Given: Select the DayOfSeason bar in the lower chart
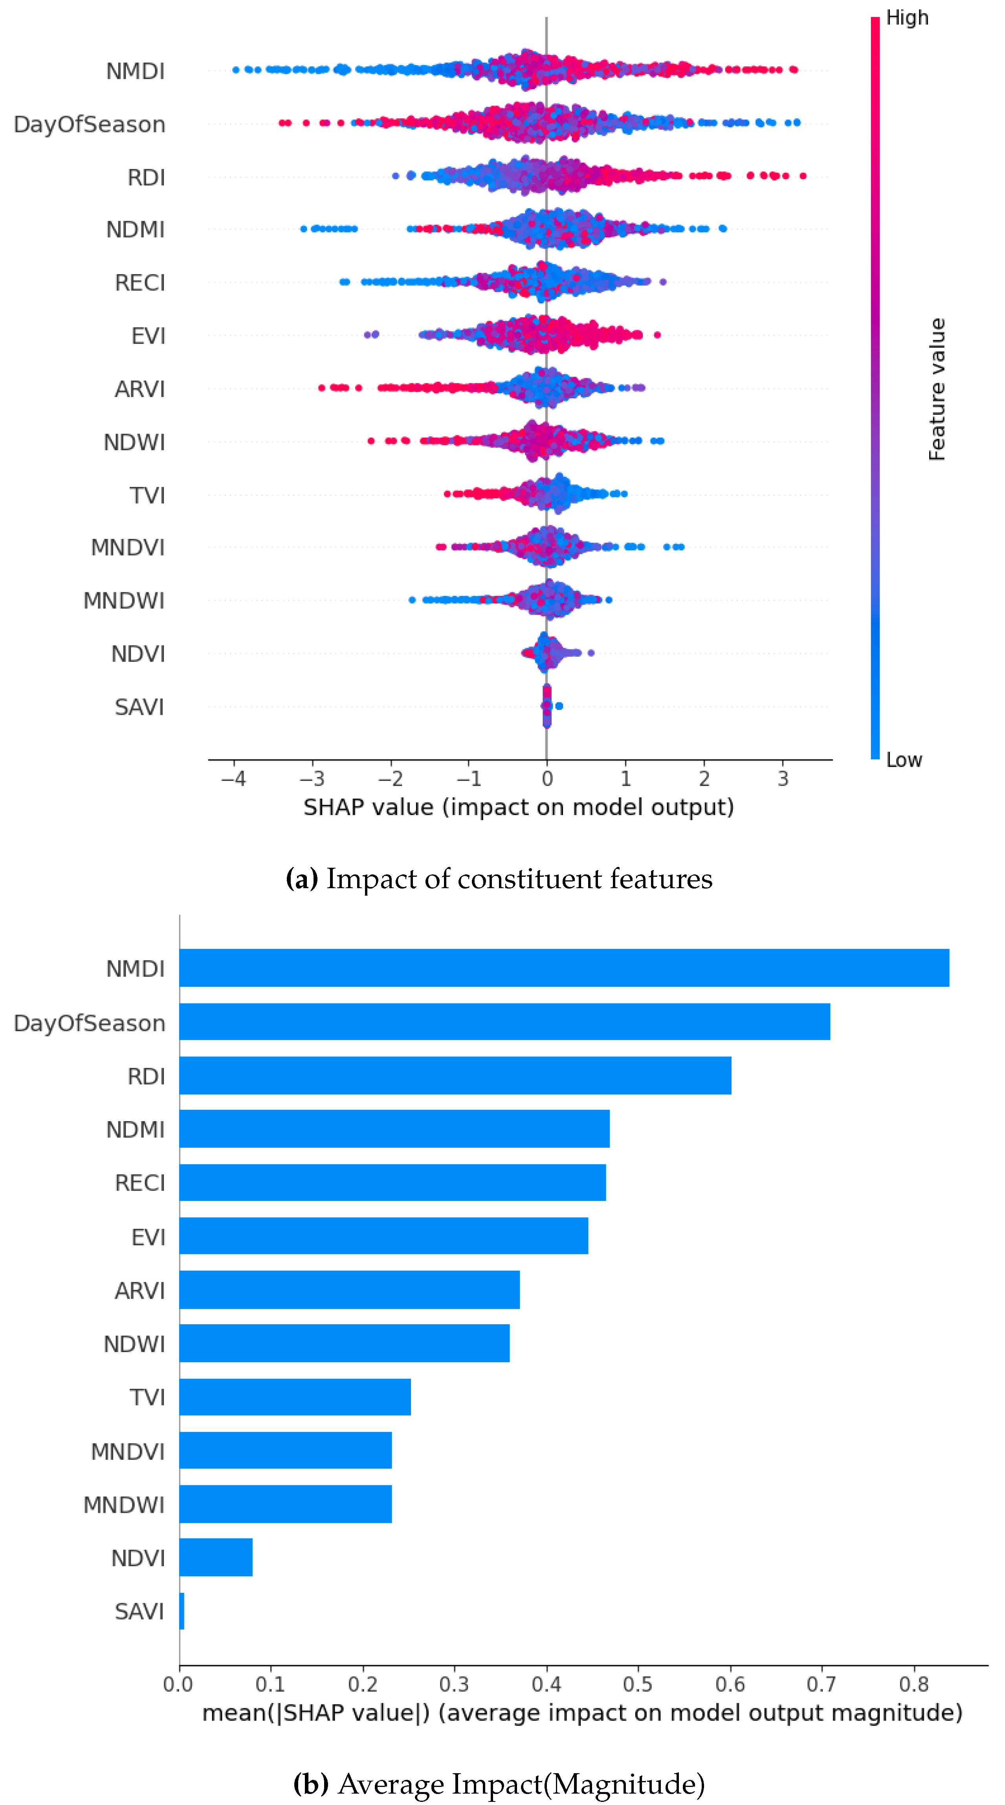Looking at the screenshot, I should (504, 1022).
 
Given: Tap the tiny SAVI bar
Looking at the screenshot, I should (182, 1611).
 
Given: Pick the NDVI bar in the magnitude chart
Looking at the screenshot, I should (216, 1557).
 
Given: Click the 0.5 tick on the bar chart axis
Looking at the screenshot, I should (638, 1684).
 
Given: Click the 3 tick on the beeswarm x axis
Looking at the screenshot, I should (783, 779).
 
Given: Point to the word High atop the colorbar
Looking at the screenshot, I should (907, 18).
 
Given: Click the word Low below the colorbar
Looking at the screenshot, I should (903, 760).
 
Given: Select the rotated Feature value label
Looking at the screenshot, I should (937, 389).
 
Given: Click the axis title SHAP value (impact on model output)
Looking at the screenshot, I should (519, 807).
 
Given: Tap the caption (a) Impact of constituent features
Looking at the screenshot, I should (499, 879).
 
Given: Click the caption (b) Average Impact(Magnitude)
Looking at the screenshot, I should (499, 1783).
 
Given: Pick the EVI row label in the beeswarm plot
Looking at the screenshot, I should (148, 335).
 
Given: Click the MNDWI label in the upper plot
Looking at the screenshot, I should (124, 601).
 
